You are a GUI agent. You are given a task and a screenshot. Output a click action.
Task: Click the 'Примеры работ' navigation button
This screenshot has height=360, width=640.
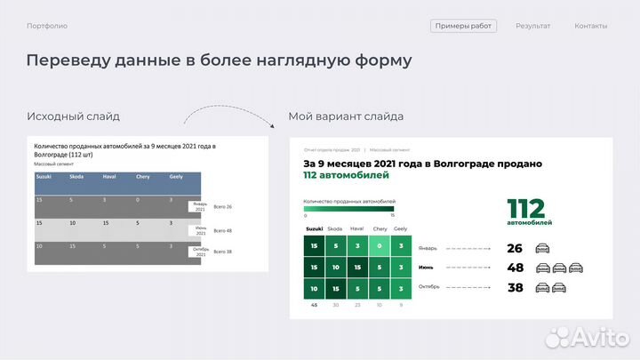(x=463, y=26)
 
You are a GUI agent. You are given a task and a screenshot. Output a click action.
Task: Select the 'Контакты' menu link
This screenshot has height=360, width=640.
(x=590, y=26)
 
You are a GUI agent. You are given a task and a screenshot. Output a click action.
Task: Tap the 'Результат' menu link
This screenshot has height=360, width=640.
(x=532, y=26)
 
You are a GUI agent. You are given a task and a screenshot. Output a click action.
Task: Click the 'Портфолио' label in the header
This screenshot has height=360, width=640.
(x=47, y=26)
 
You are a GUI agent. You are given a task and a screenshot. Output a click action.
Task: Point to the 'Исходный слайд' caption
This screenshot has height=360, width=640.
(x=73, y=116)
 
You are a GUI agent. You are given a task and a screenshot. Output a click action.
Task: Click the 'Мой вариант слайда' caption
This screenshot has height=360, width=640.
(x=346, y=116)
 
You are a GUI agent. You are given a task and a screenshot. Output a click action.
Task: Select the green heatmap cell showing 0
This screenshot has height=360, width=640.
(x=380, y=245)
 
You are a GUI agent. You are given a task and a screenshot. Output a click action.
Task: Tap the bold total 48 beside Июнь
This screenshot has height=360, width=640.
(x=515, y=267)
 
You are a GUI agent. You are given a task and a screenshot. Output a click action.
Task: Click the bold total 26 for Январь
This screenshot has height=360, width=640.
(x=515, y=248)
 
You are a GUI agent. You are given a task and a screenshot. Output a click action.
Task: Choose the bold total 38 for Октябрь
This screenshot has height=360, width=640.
(x=515, y=287)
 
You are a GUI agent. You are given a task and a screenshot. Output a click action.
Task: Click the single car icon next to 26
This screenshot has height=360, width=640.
(x=542, y=248)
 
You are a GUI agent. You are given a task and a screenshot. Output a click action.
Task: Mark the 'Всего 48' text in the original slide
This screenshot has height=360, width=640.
(x=222, y=230)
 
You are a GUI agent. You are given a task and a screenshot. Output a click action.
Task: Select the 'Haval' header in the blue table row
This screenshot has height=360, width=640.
(x=109, y=176)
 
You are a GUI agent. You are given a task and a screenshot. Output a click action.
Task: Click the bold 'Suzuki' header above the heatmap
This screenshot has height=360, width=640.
(x=314, y=228)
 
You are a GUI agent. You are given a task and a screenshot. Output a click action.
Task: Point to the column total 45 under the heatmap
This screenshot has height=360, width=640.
(x=314, y=305)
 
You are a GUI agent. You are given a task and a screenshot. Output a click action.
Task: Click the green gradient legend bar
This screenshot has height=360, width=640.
(x=348, y=209)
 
